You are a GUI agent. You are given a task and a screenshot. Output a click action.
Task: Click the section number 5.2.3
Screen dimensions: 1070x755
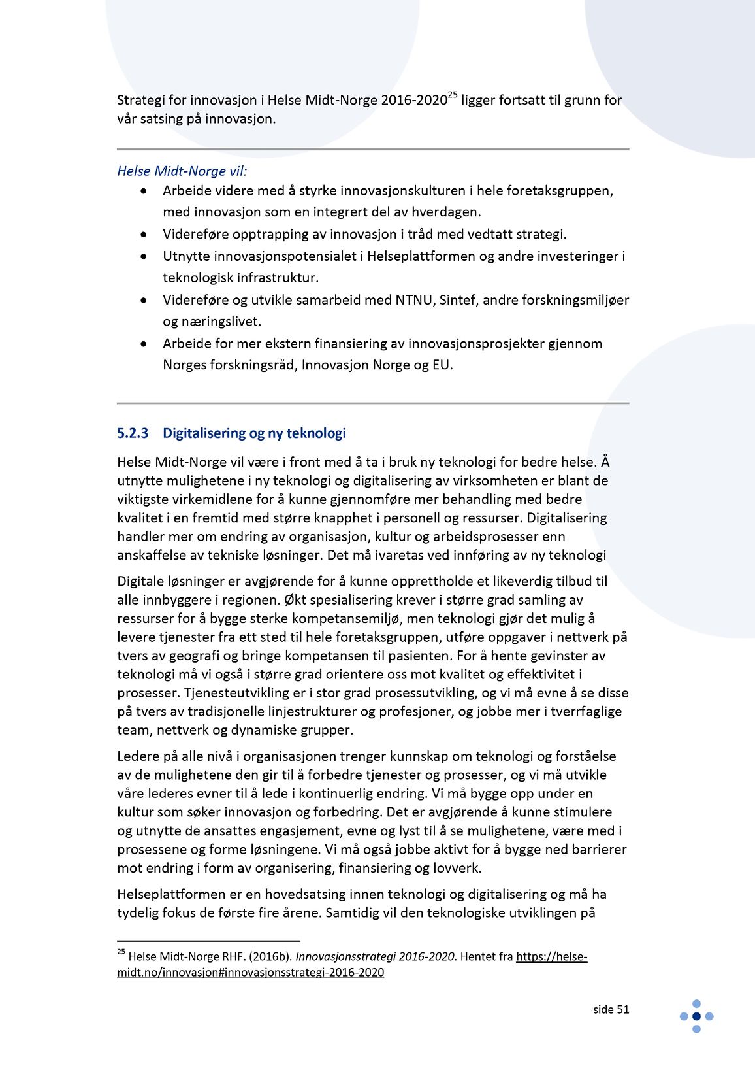(133, 433)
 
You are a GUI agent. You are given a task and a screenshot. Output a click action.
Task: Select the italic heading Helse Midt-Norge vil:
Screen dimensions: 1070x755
(182, 171)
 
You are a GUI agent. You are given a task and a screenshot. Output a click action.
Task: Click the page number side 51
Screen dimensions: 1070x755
(611, 1009)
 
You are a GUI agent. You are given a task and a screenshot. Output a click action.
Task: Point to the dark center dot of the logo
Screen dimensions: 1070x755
(696, 1016)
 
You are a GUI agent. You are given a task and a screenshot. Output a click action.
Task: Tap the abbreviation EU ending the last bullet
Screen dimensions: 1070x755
(441, 365)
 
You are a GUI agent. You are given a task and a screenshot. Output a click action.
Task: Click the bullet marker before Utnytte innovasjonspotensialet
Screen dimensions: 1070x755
(144, 256)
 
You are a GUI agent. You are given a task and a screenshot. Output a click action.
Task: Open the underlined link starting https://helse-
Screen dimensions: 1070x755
(551, 956)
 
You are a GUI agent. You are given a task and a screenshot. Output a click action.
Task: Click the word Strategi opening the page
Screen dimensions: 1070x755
(139, 101)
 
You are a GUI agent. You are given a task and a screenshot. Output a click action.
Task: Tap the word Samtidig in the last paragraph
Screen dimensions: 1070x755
(353, 912)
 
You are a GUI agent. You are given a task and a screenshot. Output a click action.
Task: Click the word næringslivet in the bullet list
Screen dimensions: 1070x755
(212, 322)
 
